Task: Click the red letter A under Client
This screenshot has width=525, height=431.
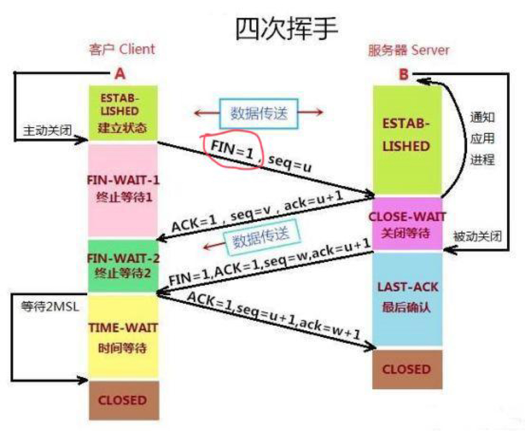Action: [120, 75]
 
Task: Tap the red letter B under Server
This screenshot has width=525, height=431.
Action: [403, 75]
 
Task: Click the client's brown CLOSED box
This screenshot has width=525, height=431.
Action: [123, 400]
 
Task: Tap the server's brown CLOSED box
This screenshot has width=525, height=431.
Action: [406, 369]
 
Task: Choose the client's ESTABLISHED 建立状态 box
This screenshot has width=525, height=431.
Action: [123, 112]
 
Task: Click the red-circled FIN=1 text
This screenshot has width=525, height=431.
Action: [232, 149]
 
